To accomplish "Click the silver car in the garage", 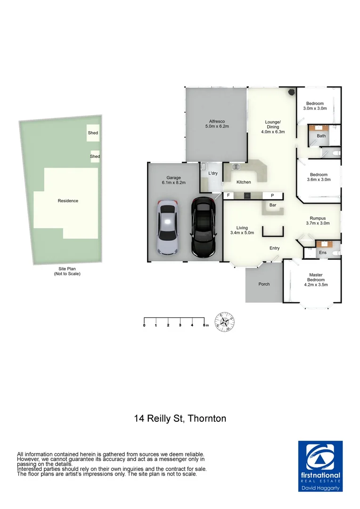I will pyautogui.click(x=167, y=228).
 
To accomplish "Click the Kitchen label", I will pyautogui.click(x=244, y=182).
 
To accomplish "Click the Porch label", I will pyautogui.click(x=264, y=284).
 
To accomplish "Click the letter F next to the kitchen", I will pyautogui.click(x=229, y=195).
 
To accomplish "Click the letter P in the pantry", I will pyautogui.click(x=272, y=195).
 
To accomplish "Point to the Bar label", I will pyautogui.click(x=272, y=205).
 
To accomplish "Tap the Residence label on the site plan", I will pyautogui.click(x=68, y=201).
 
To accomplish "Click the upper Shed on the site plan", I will pyautogui.click(x=93, y=133).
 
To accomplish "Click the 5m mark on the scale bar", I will pyautogui.click(x=204, y=325).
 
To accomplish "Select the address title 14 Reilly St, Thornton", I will pyautogui.click(x=180, y=418).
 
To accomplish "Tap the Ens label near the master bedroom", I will pyautogui.click(x=323, y=253).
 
